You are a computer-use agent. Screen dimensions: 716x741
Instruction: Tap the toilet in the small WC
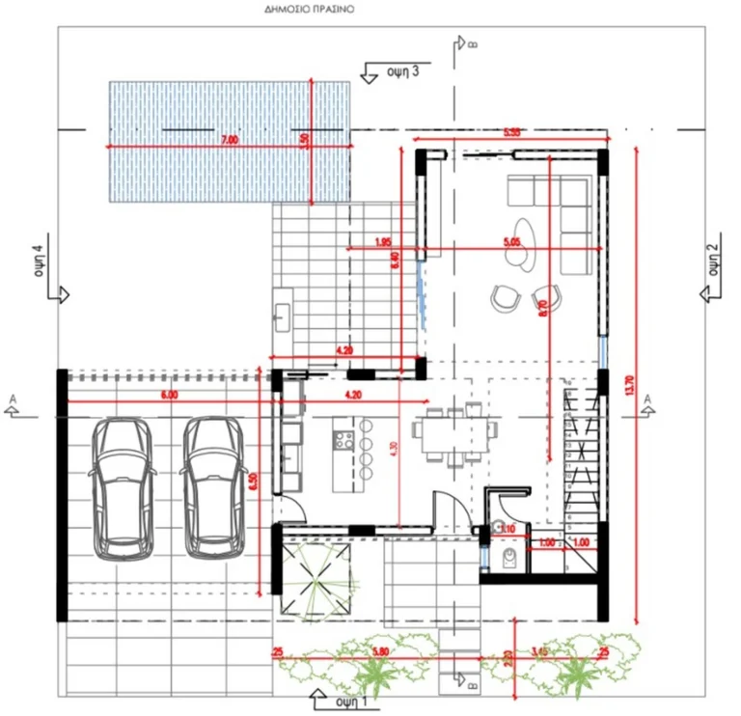[x=510, y=558]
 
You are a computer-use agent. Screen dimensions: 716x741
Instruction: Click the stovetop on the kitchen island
[x=343, y=441]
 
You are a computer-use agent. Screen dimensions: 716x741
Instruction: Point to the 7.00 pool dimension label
[x=229, y=140]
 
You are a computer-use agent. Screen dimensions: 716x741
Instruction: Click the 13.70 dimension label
[x=630, y=377]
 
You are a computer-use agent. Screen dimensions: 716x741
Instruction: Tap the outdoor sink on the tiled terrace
[x=283, y=315]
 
